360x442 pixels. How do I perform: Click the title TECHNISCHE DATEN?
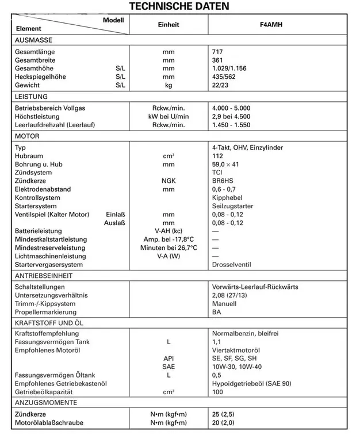pyautogui.click(x=179, y=6)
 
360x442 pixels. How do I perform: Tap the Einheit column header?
pyautogui.click(x=168, y=25)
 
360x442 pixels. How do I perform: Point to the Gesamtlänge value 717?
pyautogui.click(x=217, y=51)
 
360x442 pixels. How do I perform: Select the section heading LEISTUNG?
pyautogui.click(x=31, y=97)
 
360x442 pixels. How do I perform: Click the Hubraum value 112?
pyautogui.click(x=217, y=156)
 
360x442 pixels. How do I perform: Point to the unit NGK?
pyautogui.click(x=168, y=181)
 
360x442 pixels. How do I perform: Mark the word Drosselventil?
pyautogui.click(x=232, y=265)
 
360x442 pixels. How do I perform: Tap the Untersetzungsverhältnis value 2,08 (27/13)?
pyautogui.click(x=231, y=295)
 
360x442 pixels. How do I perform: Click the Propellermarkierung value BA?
pyautogui.click(x=216, y=312)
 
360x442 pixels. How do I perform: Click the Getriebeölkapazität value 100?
pyautogui.click(x=217, y=391)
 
